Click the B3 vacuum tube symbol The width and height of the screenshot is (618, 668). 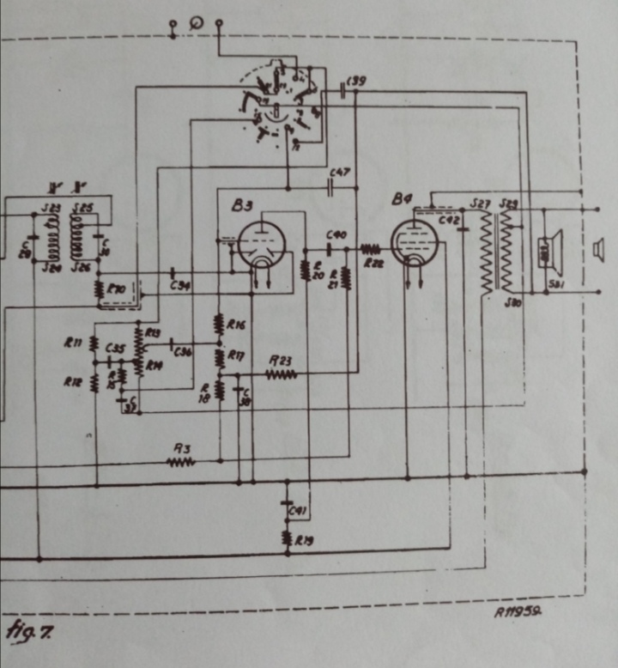(257, 244)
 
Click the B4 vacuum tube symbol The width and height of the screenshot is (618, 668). (415, 242)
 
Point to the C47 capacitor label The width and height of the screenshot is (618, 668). (340, 173)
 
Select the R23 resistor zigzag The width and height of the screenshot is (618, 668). (282, 374)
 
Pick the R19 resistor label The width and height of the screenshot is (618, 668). (304, 540)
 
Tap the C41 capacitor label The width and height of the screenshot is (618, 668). (298, 512)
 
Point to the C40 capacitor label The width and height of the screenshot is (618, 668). (336, 234)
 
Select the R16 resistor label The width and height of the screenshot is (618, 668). (237, 325)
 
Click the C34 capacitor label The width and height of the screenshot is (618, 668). (180, 285)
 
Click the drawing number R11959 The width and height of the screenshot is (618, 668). (520, 613)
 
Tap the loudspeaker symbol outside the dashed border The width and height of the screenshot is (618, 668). (597, 249)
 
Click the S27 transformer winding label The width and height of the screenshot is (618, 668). (481, 203)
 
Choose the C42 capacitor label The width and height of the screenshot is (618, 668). (449, 221)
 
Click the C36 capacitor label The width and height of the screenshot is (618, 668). (183, 351)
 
